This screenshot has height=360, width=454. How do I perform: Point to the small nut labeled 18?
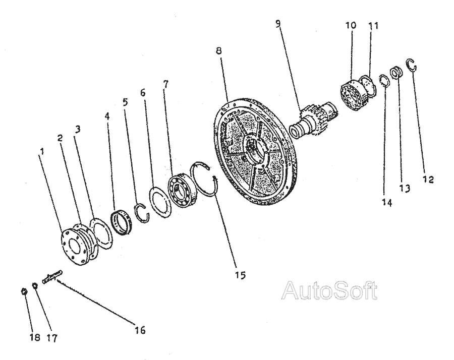point(24,291)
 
